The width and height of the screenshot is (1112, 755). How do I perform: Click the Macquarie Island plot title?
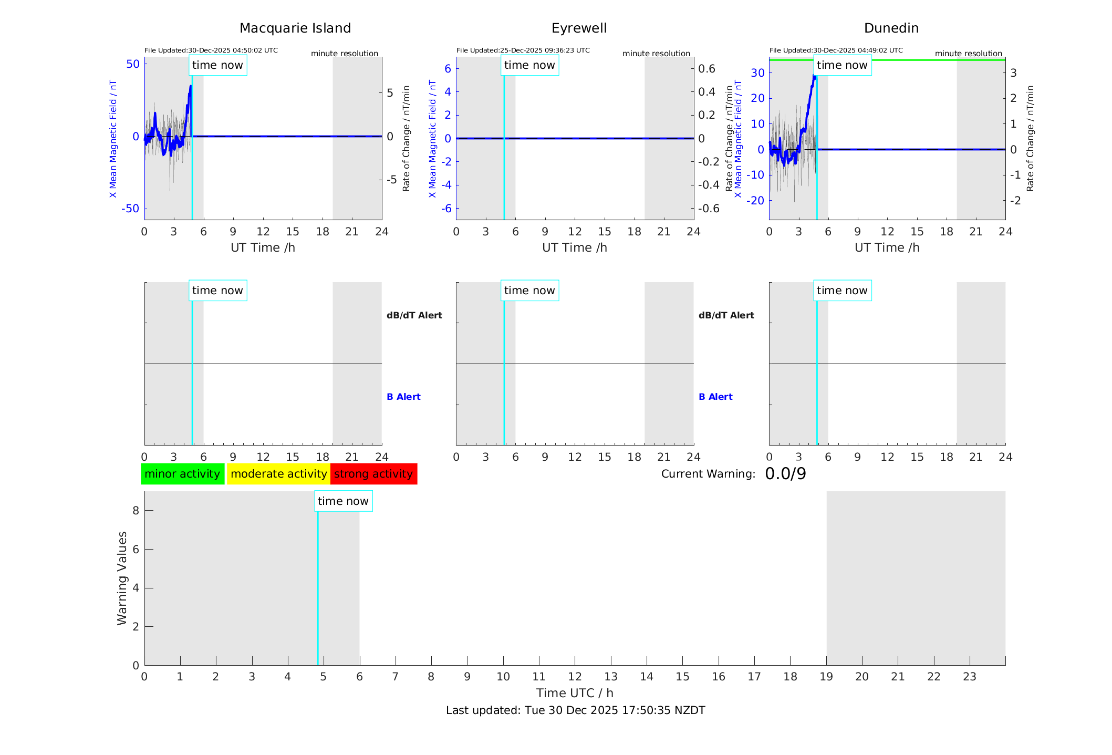pos(295,28)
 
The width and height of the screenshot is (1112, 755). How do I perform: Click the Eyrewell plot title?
pos(579,28)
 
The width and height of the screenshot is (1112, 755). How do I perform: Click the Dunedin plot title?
pos(891,28)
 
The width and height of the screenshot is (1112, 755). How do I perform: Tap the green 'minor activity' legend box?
pos(182,474)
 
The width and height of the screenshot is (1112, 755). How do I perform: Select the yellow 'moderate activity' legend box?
pos(278,474)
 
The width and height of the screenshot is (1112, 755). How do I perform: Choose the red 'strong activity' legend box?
pos(373,474)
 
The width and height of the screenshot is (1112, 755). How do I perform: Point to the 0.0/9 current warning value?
pos(785,474)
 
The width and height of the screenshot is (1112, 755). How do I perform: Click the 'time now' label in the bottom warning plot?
pos(343,501)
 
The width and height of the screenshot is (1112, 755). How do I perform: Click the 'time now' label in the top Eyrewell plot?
pos(529,65)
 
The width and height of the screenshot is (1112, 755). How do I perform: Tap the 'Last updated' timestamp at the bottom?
pos(575,710)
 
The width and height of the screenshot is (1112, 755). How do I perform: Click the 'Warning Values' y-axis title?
pos(122,578)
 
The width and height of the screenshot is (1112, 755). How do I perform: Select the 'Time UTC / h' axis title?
pos(575,693)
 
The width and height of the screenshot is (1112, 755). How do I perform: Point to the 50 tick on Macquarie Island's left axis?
pos(133,64)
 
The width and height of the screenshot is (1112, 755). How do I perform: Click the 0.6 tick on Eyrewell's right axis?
pos(706,68)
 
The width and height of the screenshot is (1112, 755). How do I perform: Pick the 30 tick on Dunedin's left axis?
pos(757,73)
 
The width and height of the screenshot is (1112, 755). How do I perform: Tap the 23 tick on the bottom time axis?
pos(969,677)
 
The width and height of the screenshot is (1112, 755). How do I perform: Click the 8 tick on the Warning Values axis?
pos(136,510)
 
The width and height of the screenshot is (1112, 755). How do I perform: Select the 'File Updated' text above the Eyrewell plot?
pos(523,50)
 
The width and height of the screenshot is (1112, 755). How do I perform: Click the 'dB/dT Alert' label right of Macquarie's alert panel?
pos(414,315)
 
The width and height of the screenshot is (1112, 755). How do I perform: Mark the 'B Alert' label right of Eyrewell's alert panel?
pos(715,397)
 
